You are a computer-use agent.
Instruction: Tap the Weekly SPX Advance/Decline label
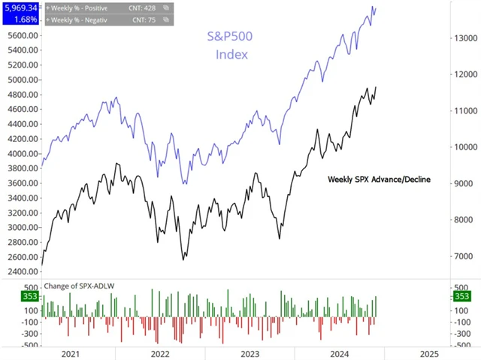click(x=379, y=180)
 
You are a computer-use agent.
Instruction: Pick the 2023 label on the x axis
click(x=249, y=353)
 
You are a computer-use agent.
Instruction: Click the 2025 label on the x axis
click(x=428, y=353)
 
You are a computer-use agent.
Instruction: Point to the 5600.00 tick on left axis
click(x=21, y=35)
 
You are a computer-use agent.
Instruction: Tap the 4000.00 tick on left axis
click(x=21, y=153)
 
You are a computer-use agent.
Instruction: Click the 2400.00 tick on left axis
click(x=21, y=271)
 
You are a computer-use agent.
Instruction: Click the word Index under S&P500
click(x=231, y=55)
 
